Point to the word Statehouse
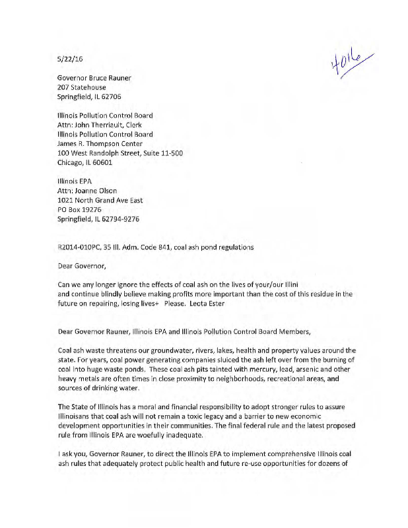click(89, 86)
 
